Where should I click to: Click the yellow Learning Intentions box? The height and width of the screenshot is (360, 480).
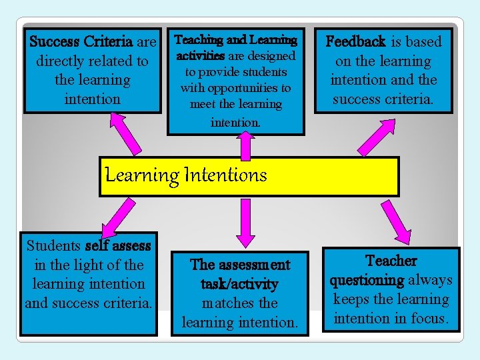pyautogui.click(x=249, y=177)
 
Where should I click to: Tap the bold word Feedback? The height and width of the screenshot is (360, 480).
pyautogui.click(x=355, y=41)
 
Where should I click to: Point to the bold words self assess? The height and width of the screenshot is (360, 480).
pyautogui.click(x=119, y=246)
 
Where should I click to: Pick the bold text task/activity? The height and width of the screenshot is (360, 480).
pyautogui.click(x=239, y=284)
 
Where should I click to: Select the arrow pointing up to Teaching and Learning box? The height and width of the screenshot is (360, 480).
pyautogui.click(x=245, y=144)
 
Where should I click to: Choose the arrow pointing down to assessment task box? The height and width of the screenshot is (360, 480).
pyautogui.click(x=245, y=219)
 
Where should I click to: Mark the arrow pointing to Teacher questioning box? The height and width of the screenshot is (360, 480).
pyautogui.click(x=394, y=221)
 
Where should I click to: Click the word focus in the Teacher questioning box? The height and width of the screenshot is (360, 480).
pyautogui.click(x=432, y=318)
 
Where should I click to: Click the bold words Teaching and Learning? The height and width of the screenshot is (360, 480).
pyautogui.click(x=235, y=40)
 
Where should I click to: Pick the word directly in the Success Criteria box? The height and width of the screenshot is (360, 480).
pyautogui.click(x=63, y=61)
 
